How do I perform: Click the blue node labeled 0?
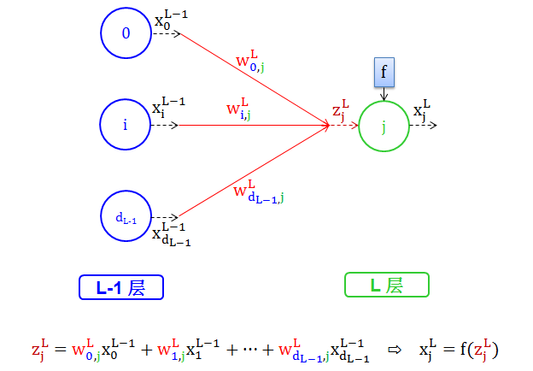126,33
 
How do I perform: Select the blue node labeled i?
126,126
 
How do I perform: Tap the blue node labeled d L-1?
126,217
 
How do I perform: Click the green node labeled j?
384,126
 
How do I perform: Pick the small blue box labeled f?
384,74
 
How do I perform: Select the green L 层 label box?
386,286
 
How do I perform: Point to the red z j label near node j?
341,111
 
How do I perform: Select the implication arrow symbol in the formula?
394,350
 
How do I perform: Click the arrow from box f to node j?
384,94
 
